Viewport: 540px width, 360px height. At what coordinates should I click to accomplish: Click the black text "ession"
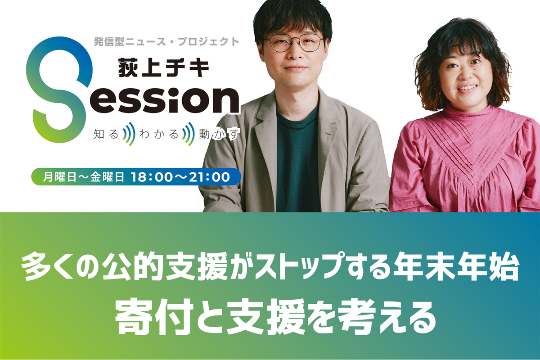[165, 99]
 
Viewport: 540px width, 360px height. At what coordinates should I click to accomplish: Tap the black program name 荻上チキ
[164, 68]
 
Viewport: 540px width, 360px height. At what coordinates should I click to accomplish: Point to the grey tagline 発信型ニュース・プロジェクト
[166, 42]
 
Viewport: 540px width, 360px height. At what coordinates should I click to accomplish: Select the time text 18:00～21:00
[180, 177]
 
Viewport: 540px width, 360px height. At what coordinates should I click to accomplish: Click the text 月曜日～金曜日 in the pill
[84, 177]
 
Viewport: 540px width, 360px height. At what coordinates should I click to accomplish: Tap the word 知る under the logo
[106, 134]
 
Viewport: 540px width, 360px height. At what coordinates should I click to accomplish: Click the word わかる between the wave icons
[159, 134]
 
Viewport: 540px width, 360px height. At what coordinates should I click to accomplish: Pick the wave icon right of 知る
[129, 134]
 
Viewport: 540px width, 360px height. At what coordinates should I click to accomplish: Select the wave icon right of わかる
[189, 134]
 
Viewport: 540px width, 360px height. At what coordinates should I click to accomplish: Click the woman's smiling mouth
[467, 88]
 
